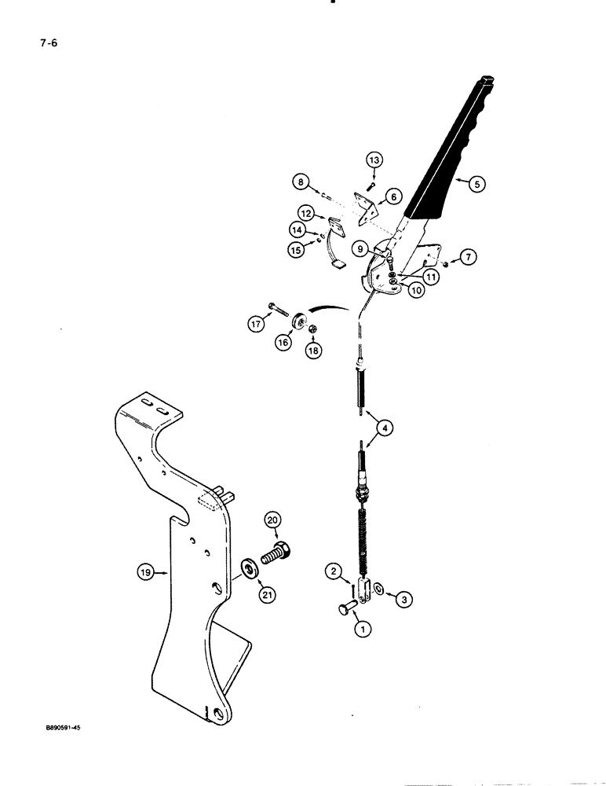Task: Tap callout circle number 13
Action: point(375,160)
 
